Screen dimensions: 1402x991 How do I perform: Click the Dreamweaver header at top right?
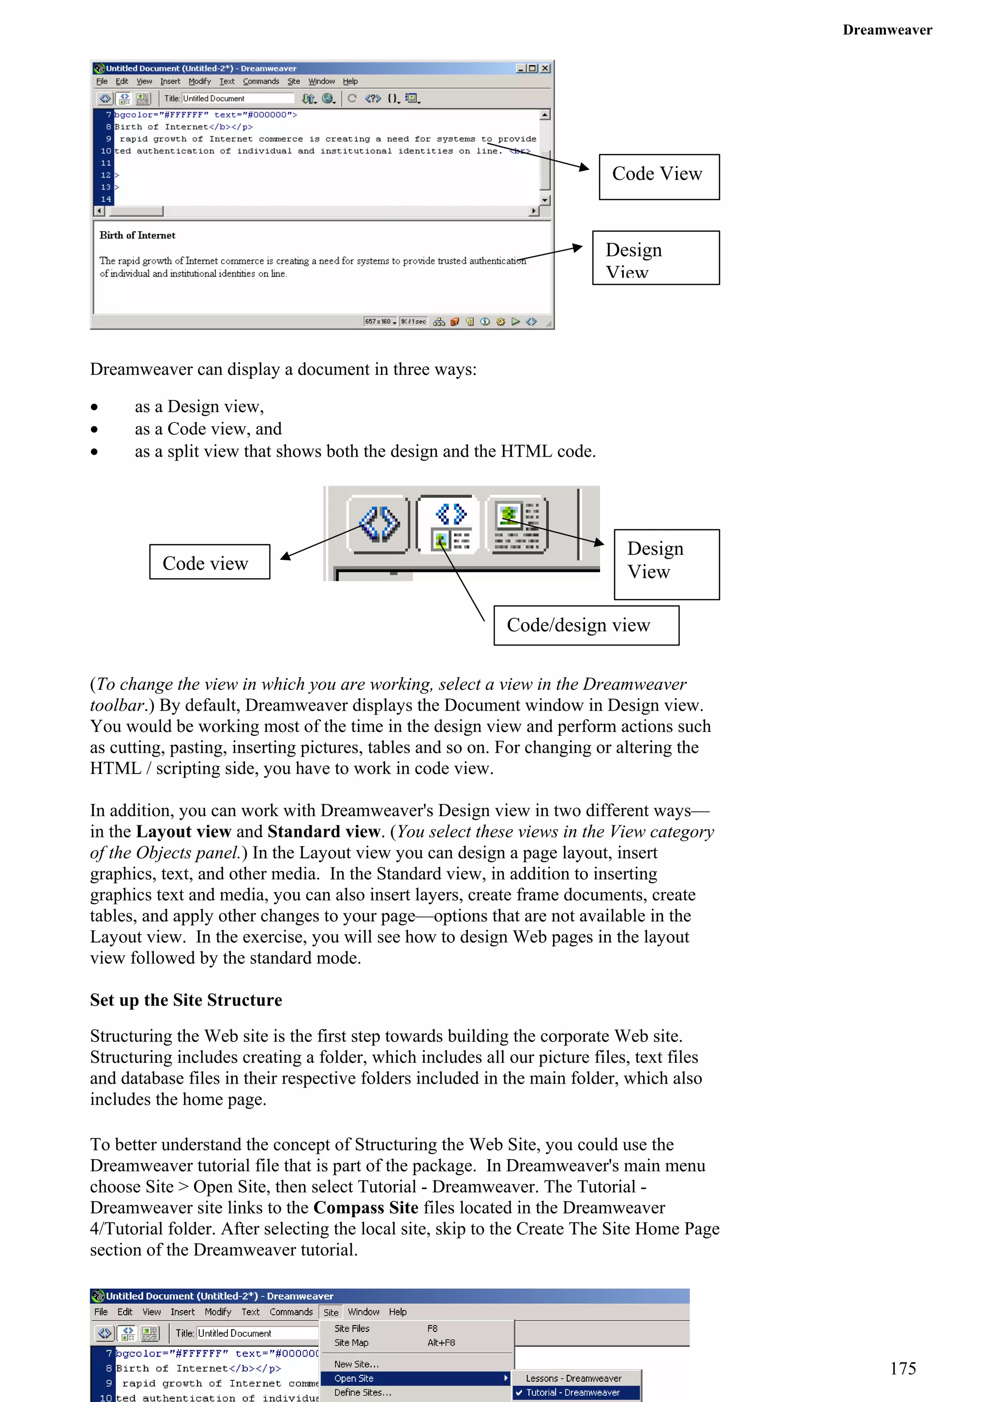point(886,30)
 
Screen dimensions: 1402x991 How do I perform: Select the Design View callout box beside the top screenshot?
point(655,258)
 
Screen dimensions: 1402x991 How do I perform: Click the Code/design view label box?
point(586,625)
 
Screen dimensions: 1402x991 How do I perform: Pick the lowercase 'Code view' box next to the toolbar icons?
point(210,562)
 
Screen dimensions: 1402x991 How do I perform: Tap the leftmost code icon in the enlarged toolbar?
point(378,524)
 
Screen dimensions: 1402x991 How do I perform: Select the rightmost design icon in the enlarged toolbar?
point(517,524)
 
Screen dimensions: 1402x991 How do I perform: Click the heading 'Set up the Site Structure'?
point(186,999)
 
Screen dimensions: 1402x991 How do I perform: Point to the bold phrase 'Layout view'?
point(183,832)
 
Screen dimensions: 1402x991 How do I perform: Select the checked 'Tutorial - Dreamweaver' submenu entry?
point(573,1392)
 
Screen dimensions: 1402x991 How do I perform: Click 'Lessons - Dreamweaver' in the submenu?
point(573,1378)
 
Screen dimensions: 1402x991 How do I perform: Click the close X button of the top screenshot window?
point(545,68)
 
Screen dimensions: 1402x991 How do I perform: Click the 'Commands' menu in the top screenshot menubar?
point(261,81)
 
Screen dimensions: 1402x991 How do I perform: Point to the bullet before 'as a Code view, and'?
point(94,429)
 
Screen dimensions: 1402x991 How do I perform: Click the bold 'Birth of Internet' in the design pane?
point(137,235)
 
